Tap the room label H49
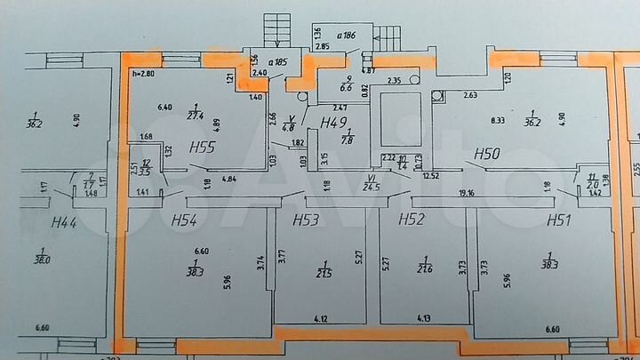(334, 122)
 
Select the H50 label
(486, 153)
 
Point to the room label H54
(184, 220)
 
